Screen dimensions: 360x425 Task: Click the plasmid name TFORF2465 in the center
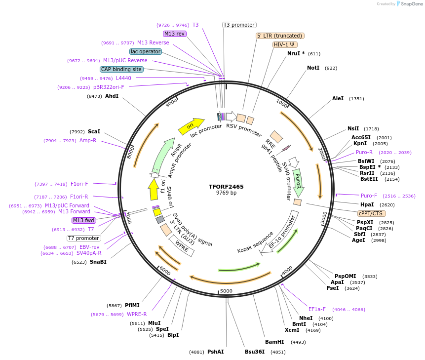pos(226,187)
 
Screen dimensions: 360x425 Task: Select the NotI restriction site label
pos(313,68)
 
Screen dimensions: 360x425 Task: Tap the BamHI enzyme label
pos(274,342)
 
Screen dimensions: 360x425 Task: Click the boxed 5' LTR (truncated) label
pos(280,36)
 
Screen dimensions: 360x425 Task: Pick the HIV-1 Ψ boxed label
pos(285,44)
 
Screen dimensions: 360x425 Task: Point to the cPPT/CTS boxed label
pos(371,213)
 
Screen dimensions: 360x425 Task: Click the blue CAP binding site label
pos(121,70)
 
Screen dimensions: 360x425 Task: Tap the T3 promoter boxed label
pos(239,25)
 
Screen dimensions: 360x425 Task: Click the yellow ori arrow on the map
pos(191,126)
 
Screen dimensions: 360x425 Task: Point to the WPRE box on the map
pos(182,246)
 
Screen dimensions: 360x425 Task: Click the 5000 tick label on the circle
pos(226,291)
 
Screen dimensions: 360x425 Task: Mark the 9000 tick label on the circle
pos(171,103)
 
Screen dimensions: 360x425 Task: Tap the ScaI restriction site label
pos(94,132)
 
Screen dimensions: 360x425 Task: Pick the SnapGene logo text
pos(412,4)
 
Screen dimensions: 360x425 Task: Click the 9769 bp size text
pos(226,193)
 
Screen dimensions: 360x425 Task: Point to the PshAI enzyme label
pos(215,352)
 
